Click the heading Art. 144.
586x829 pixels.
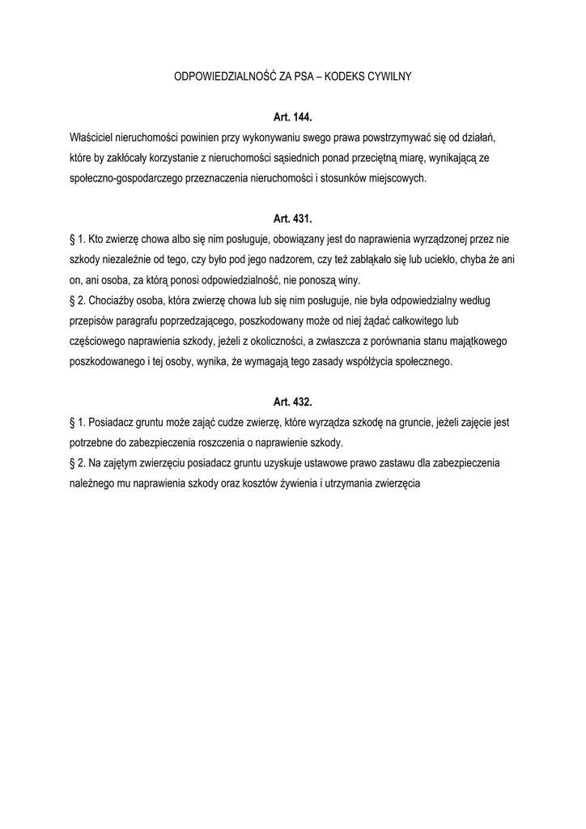pyautogui.click(x=292, y=117)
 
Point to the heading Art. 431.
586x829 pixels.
pyautogui.click(x=292, y=219)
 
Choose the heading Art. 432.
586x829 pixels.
pyautogui.click(x=292, y=402)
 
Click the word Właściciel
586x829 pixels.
pyautogui.click(x=93, y=138)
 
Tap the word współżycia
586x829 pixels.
pyautogui.click(x=373, y=362)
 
